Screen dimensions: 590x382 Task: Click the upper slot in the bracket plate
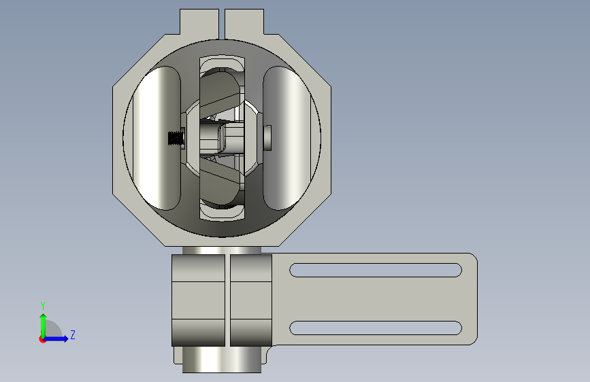(x=376, y=270)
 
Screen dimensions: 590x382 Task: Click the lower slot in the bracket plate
(x=376, y=328)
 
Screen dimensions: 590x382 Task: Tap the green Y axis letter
(x=43, y=305)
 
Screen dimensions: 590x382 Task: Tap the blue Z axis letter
(x=73, y=334)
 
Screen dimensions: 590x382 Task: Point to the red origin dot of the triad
(x=42, y=339)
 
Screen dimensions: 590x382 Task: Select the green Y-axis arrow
(x=44, y=326)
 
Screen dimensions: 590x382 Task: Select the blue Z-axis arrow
(x=56, y=338)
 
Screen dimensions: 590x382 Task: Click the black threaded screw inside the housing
(x=176, y=138)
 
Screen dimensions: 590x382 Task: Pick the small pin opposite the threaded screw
(x=267, y=138)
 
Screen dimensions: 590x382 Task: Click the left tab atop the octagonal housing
(x=199, y=22)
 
